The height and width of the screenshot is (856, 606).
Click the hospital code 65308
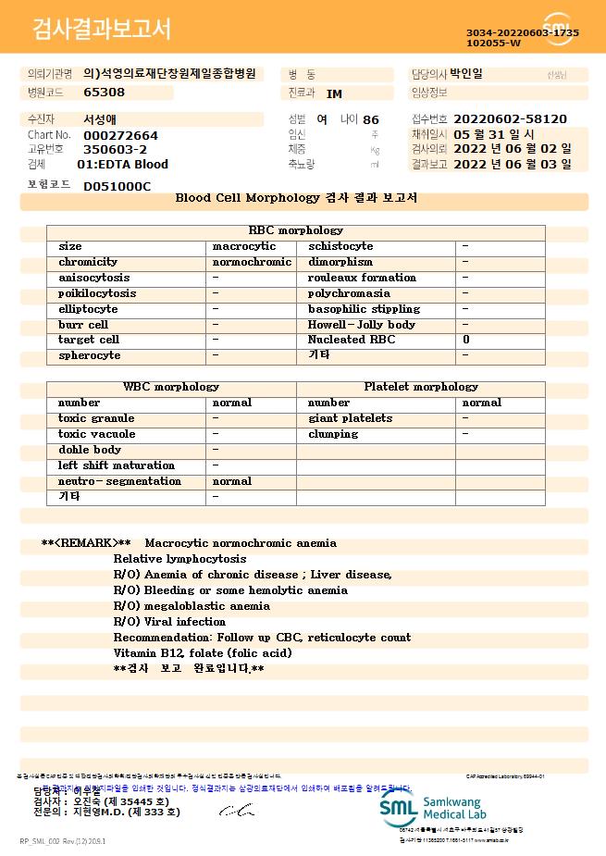point(104,93)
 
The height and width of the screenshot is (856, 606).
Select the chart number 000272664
point(120,135)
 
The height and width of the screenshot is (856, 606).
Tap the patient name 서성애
point(100,119)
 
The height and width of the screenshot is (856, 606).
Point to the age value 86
point(371,119)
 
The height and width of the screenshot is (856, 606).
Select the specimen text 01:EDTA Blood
point(122,165)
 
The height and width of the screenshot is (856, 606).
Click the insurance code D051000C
point(117,186)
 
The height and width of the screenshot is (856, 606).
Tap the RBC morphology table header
point(296,230)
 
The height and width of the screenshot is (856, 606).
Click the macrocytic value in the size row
point(244,246)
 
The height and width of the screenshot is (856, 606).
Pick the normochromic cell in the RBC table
point(252,262)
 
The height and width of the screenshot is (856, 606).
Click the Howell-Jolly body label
point(362,325)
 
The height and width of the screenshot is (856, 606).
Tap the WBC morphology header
point(171,387)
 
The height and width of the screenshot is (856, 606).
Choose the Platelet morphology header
point(421,387)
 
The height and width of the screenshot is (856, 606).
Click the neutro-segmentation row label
point(119,481)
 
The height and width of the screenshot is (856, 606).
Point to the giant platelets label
point(350,418)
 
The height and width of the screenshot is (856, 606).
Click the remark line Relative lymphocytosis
point(179,559)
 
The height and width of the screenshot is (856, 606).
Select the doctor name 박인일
point(466,74)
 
